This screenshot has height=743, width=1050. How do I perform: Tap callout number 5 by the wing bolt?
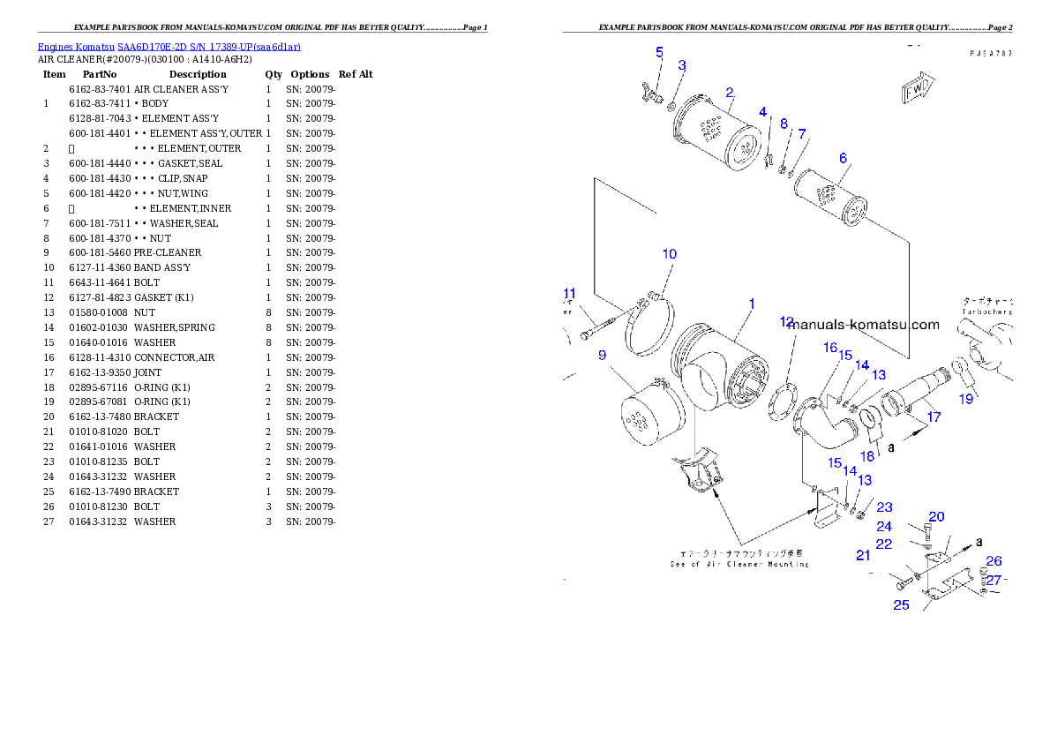point(659,53)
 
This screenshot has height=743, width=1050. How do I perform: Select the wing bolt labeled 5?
point(654,91)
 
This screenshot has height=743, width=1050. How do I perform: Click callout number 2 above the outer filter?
point(730,92)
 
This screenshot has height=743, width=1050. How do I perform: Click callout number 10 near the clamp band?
point(670,254)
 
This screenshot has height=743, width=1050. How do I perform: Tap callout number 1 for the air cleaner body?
point(752,304)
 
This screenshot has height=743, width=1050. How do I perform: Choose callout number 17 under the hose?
point(934,417)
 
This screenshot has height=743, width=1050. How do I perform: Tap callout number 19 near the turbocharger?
point(966,399)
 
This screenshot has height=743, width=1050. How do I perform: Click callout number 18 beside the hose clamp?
point(867,456)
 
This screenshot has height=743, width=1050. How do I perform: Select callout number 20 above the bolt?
point(936,517)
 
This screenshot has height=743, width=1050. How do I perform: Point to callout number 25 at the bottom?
point(901,604)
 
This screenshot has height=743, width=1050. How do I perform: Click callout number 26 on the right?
point(994,561)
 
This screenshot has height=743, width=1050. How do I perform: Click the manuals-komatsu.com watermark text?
point(865,325)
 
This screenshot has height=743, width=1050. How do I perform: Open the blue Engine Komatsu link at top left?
point(169,47)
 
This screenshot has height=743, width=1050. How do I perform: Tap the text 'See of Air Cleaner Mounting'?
point(739,564)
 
